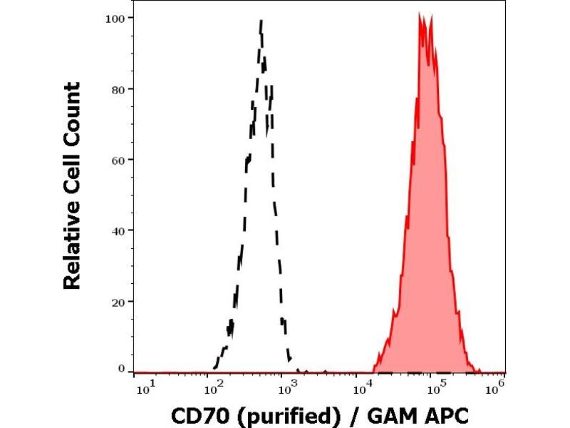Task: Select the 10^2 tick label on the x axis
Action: (214, 387)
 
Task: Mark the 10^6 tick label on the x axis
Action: (495, 387)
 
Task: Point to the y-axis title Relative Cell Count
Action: (72, 185)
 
